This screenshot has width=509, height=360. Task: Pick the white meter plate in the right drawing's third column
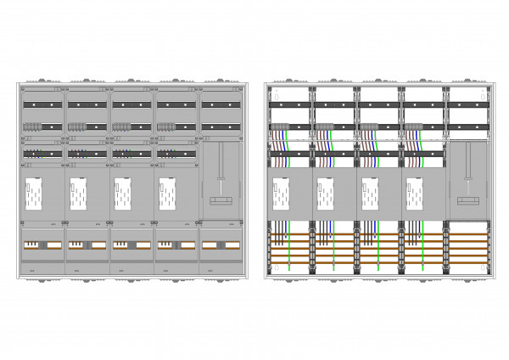(x=371, y=195)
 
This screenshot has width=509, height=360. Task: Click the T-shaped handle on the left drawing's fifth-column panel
(x=222, y=199)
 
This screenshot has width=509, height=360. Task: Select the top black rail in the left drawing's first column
(x=42, y=104)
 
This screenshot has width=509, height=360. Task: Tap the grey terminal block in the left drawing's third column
(x=121, y=127)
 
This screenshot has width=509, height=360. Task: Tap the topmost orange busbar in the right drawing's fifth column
(x=469, y=235)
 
